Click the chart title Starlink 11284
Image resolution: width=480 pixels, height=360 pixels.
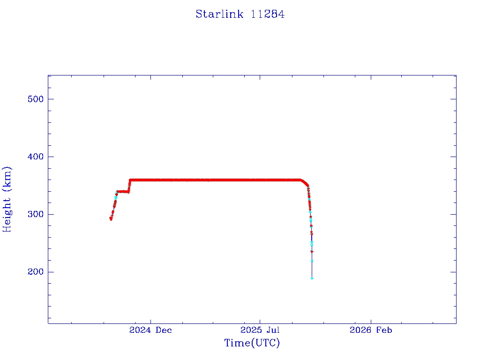[x=240, y=15]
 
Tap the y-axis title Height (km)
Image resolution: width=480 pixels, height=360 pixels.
[x=7, y=199]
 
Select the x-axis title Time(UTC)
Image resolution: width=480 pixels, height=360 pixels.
[x=252, y=343]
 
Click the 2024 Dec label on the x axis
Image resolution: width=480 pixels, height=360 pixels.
[x=150, y=330]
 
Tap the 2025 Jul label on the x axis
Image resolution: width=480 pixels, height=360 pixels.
[x=260, y=330]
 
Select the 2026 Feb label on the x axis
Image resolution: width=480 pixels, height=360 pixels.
[x=371, y=330]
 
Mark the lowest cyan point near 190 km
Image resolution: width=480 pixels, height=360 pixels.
[x=312, y=278]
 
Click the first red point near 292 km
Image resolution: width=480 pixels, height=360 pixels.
[x=111, y=219]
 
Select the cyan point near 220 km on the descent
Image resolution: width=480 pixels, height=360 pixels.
[x=312, y=261]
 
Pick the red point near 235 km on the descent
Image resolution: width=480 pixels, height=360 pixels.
[x=312, y=252]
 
